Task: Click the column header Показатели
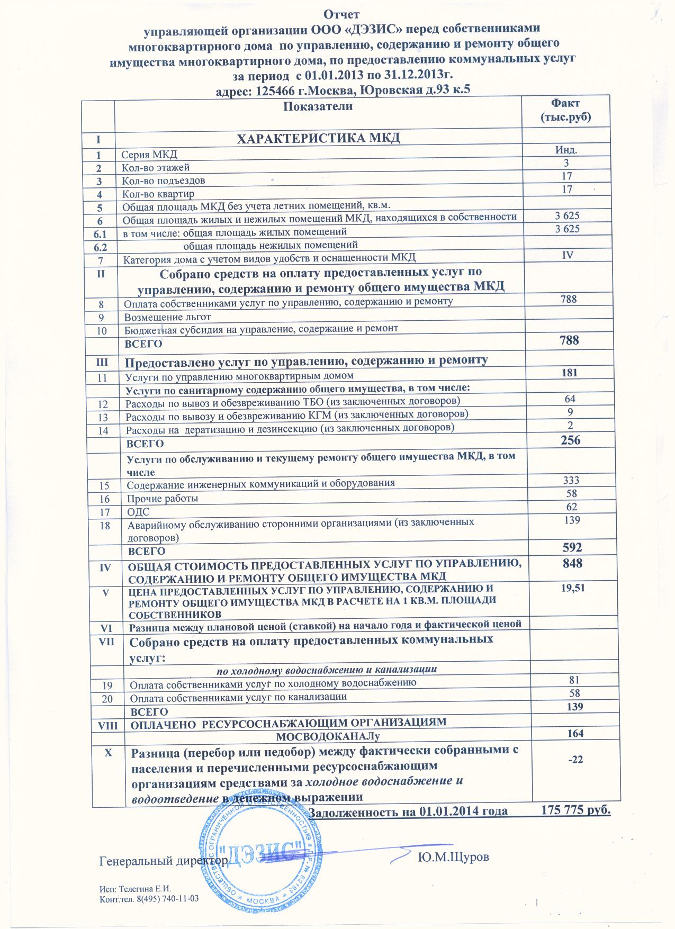point(318,106)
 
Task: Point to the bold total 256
point(570,440)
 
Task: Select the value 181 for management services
point(569,373)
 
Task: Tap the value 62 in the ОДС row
point(571,507)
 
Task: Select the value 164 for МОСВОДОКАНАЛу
point(574,733)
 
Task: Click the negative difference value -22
point(574,760)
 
